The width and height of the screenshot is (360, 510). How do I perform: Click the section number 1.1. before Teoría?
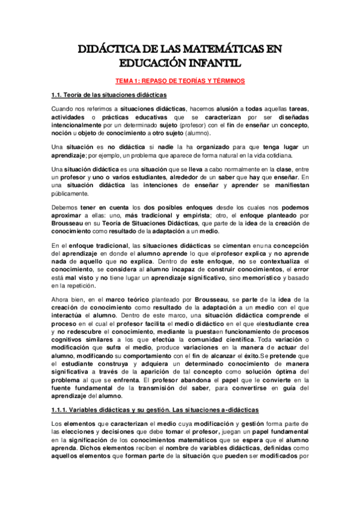58,95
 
